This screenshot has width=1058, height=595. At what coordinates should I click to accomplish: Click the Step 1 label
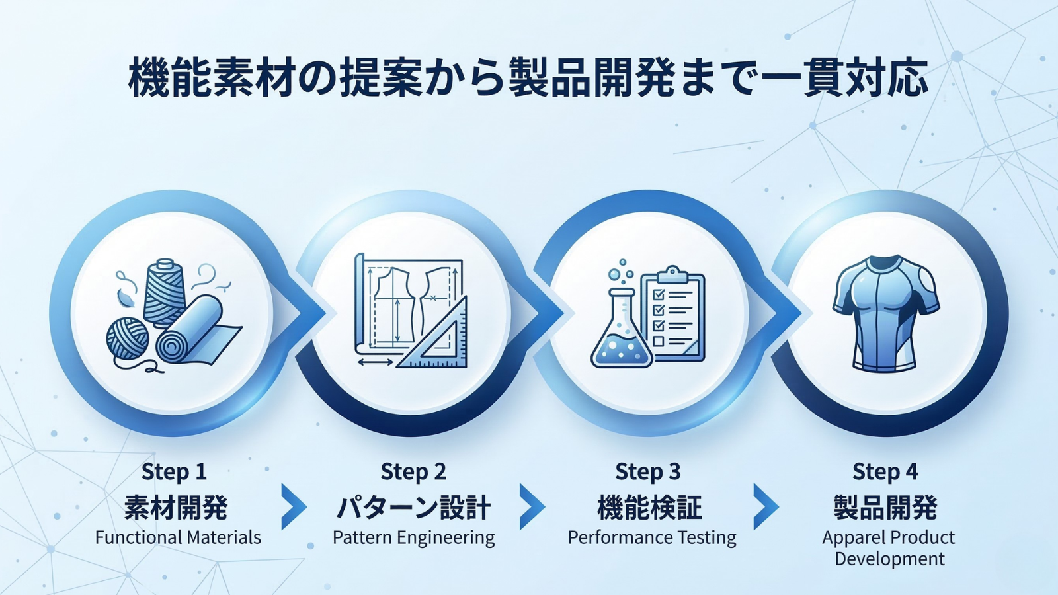click(175, 472)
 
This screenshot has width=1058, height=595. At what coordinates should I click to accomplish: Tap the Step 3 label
click(648, 472)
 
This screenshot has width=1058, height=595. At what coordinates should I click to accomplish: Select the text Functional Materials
click(178, 537)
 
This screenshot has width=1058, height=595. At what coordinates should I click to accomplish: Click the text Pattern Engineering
click(414, 538)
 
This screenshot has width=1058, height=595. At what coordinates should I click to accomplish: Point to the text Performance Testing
click(652, 538)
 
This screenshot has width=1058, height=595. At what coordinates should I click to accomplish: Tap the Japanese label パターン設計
click(414, 508)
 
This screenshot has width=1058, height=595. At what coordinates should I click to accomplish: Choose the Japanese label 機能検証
click(649, 508)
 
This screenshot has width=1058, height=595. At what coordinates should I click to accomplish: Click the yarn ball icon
click(128, 338)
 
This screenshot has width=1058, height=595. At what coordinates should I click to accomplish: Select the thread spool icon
click(163, 293)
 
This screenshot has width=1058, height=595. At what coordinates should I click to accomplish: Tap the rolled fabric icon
click(198, 331)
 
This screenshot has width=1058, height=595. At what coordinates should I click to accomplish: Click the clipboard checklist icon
click(672, 313)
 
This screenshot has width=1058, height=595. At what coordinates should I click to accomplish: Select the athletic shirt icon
click(885, 313)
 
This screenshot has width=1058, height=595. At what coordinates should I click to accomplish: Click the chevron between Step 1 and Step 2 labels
click(294, 506)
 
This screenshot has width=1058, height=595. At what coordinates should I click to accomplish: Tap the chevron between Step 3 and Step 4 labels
click(766, 506)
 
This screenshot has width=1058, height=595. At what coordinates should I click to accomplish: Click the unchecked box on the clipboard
click(658, 341)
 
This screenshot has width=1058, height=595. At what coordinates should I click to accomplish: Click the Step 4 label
click(885, 472)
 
